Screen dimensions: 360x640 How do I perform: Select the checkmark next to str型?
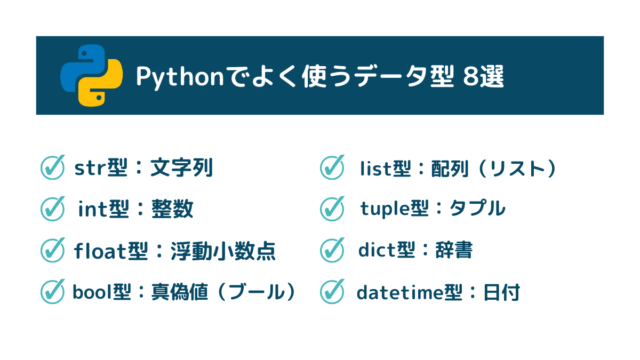click(x=51, y=167)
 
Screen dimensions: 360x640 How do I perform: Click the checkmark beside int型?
click(x=51, y=209)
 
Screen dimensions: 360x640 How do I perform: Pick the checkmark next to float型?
click(x=51, y=251)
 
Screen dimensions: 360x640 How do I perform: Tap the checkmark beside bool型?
click(x=51, y=292)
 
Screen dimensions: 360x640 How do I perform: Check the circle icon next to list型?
click(x=332, y=167)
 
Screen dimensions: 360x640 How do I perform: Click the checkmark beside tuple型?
click(x=332, y=209)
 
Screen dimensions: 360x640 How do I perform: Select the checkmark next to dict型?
click(x=332, y=251)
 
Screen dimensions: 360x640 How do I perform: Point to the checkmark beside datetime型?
click(x=332, y=292)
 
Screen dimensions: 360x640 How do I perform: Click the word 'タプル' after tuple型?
click(x=477, y=209)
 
